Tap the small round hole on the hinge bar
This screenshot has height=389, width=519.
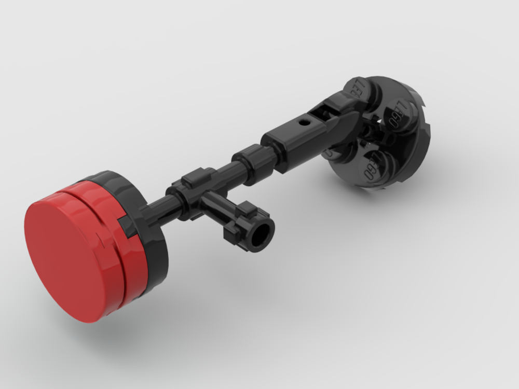point(303,124)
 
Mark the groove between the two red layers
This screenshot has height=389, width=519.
point(117,244)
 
